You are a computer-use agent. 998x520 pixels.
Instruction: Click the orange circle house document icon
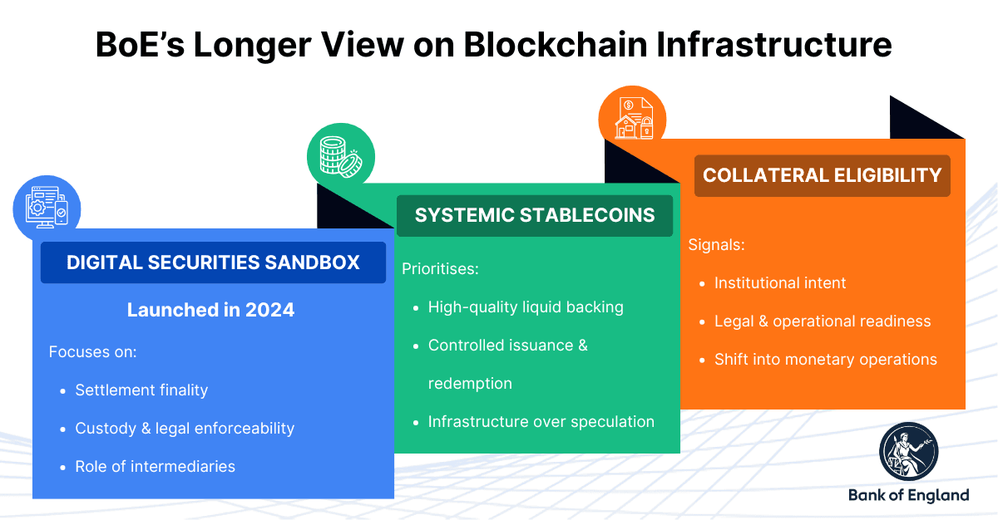pos(633,117)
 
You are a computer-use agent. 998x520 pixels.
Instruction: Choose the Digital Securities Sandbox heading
pos(213,262)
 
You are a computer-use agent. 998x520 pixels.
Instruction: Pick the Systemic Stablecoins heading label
pos(535,215)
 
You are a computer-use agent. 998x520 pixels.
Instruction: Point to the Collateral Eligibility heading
pos(822,175)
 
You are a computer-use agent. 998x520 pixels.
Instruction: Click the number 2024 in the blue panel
pos(269,310)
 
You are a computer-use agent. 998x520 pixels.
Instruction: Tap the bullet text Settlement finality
pos(141,390)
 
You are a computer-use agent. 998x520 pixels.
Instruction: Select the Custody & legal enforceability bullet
pos(185,428)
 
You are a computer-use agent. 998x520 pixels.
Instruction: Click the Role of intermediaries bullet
pos(155,466)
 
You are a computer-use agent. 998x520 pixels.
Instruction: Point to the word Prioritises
pos(440,268)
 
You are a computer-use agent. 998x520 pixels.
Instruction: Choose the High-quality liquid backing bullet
pos(526,307)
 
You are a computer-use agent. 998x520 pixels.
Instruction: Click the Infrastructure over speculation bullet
pos(541,421)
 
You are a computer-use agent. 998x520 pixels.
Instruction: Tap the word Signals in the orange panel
pos(716,245)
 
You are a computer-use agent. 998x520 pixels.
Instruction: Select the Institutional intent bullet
pos(779,283)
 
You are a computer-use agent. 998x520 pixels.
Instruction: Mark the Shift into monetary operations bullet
pos(825,360)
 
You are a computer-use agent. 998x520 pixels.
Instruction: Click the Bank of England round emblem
pos(908,452)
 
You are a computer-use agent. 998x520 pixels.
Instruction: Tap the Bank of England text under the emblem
pos(908,495)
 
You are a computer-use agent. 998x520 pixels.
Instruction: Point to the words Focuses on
pos(92,351)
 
